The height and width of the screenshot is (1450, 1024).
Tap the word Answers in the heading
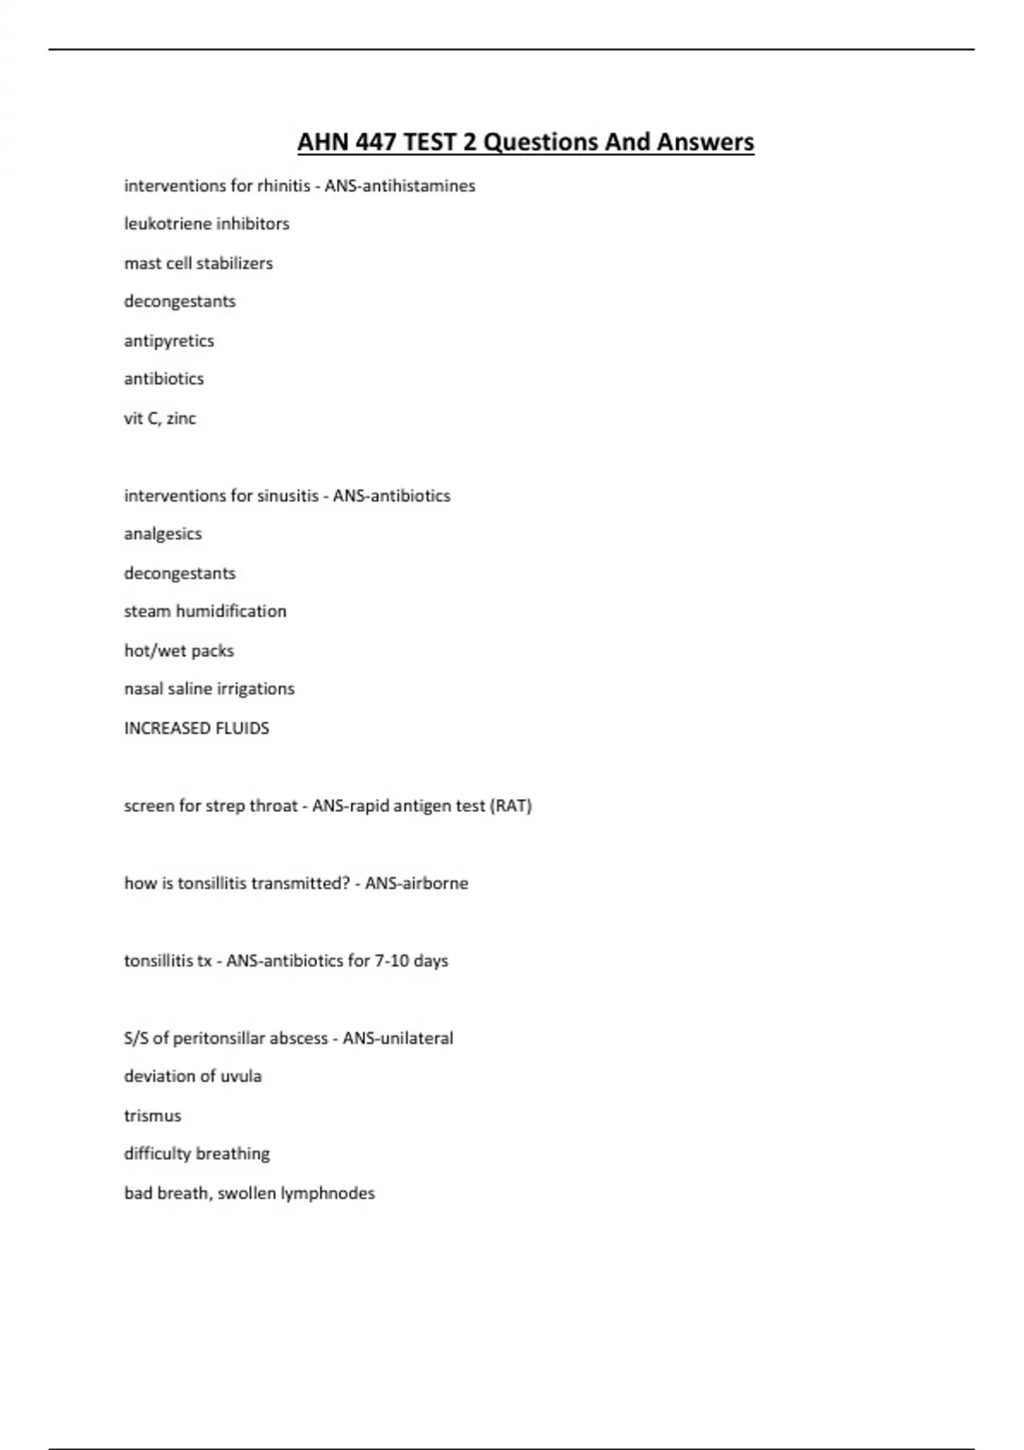pos(706,142)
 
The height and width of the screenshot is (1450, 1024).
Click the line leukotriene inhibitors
pos(207,224)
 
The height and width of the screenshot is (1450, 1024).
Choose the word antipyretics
pos(169,341)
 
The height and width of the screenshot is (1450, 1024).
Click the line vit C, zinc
pos(160,419)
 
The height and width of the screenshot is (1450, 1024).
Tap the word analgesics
pos(163,534)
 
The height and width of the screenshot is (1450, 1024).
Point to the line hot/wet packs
pos(178,651)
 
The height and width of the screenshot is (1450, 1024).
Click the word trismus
pos(153,1116)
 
